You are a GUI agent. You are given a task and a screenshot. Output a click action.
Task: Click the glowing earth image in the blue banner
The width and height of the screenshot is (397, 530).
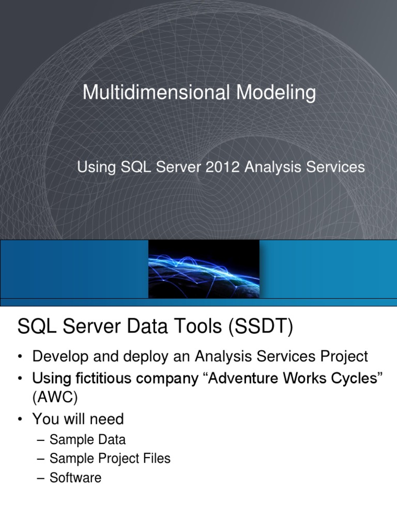click(204, 269)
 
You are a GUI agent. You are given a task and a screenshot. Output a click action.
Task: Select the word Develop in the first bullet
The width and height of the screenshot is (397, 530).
click(57, 356)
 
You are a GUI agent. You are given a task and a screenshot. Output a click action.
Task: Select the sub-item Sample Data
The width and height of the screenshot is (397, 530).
click(87, 440)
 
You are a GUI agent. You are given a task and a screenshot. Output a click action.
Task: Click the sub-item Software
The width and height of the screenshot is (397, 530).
click(75, 477)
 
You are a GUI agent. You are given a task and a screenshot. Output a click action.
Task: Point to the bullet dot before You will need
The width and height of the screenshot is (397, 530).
click(20, 418)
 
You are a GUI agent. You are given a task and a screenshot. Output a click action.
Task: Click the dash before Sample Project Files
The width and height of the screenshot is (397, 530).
click(41, 459)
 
